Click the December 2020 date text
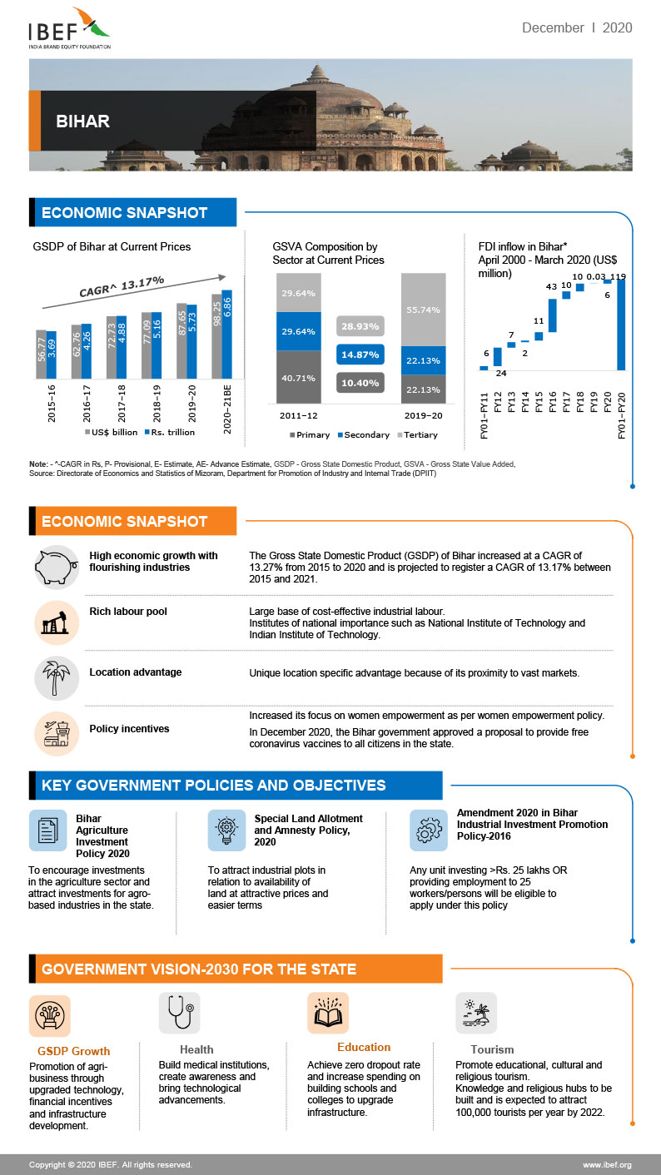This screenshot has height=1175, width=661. [x=576, y=28]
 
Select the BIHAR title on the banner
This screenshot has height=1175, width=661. [x=82, y=121]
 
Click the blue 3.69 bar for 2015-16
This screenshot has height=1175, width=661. [x=52, y=354]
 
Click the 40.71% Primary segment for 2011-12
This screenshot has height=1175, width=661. [x=299, y=377]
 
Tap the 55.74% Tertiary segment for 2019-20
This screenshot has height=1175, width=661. [x=424, y=309]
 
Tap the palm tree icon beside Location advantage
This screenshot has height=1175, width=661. [x=56, y=677]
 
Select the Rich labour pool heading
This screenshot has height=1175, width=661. [x=128, y=612]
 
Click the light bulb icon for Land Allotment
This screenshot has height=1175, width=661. [x=226, y=830]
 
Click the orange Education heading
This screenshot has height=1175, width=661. [x=364, y=1047]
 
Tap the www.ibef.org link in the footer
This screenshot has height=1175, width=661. [x=606, y=1164]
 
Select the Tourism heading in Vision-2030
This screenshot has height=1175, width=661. [x=492, y=1049]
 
